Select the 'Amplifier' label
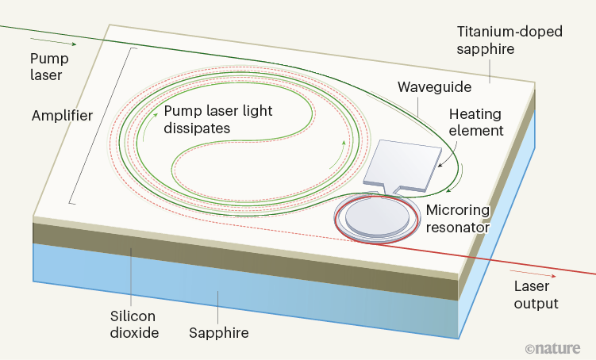[x=62, y=115]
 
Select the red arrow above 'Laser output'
[x=522, y=277]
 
